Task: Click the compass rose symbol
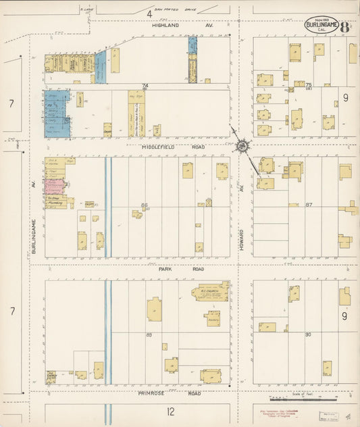point(242,145)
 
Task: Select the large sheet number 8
point(345,28)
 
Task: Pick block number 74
point(144,86)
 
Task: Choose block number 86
point(144,204)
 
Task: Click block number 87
point(309,204)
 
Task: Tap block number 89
point(149,334)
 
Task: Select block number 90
point(307,334)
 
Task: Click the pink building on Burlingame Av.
point(54,186)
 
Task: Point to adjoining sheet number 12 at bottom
point(171,411)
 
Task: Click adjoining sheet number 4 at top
point(148,12)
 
